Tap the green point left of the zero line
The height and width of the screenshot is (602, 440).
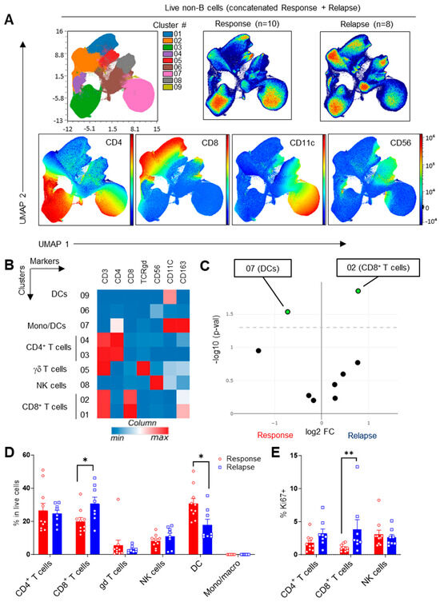pos(287,311)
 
